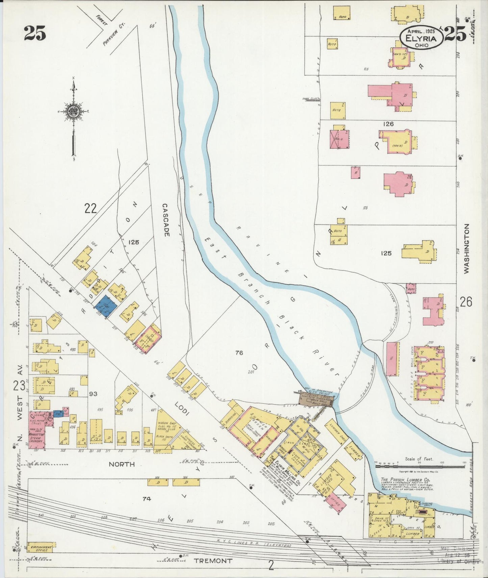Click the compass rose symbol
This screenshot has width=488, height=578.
[73, 113]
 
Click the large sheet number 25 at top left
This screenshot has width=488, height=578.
[35, 33]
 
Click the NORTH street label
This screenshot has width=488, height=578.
[122, 464]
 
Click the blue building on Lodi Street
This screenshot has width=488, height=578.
[106, 306]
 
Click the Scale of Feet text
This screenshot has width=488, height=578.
[419, 459]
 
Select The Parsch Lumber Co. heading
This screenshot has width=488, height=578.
[405, 479]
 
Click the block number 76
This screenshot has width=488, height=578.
[239, 353]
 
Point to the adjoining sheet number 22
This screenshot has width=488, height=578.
[91, 209]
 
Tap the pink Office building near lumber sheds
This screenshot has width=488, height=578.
[336, 505]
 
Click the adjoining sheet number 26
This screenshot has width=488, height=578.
[466, 302]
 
